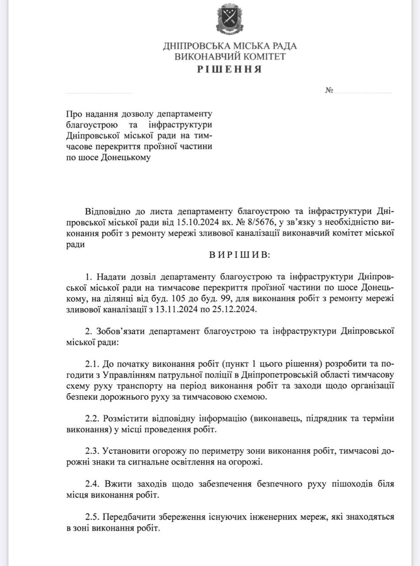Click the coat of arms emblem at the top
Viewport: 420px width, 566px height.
[230, 20]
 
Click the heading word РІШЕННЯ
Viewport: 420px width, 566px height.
[230, 69]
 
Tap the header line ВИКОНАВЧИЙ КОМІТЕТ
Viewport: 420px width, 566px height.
[230, 57]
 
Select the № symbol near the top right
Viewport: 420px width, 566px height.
[329, 90]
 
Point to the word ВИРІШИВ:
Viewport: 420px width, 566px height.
[239, 256]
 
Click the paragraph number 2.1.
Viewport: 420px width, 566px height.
[92, 364]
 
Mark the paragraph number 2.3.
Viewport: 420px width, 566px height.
[92, 451]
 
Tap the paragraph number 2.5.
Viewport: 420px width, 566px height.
[92, 517]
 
